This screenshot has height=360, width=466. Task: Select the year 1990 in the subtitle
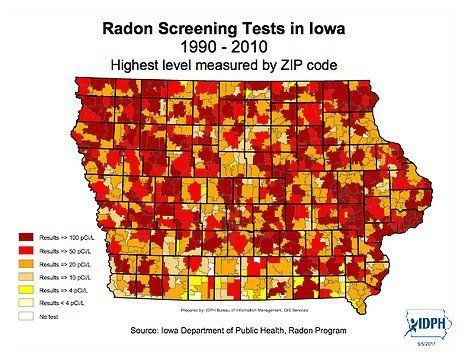(199, 47)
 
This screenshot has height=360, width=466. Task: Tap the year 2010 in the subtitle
(265, 47)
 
